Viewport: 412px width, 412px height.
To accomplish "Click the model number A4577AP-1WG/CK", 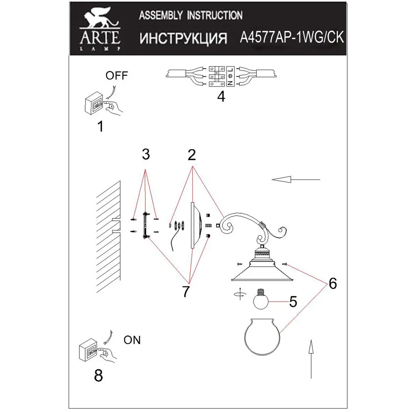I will [291, 38].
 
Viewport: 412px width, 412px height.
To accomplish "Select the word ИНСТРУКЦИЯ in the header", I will [183, 39].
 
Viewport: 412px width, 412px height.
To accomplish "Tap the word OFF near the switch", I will [117, 75].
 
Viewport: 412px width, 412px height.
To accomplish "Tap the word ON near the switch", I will [132, 340].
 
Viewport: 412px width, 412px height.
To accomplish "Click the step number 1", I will [100, 126].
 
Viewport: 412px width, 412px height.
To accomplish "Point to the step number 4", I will [221, 97].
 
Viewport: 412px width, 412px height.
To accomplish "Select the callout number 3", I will [145, 155].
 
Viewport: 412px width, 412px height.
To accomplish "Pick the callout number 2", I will [191, 155].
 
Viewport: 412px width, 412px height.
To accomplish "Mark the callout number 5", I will [293, 302].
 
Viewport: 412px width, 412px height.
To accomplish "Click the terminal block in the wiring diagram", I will [220, 76].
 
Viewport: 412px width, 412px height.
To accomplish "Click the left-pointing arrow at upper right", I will [295, 180].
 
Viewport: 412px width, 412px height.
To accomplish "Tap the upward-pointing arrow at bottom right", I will [311, 358].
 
